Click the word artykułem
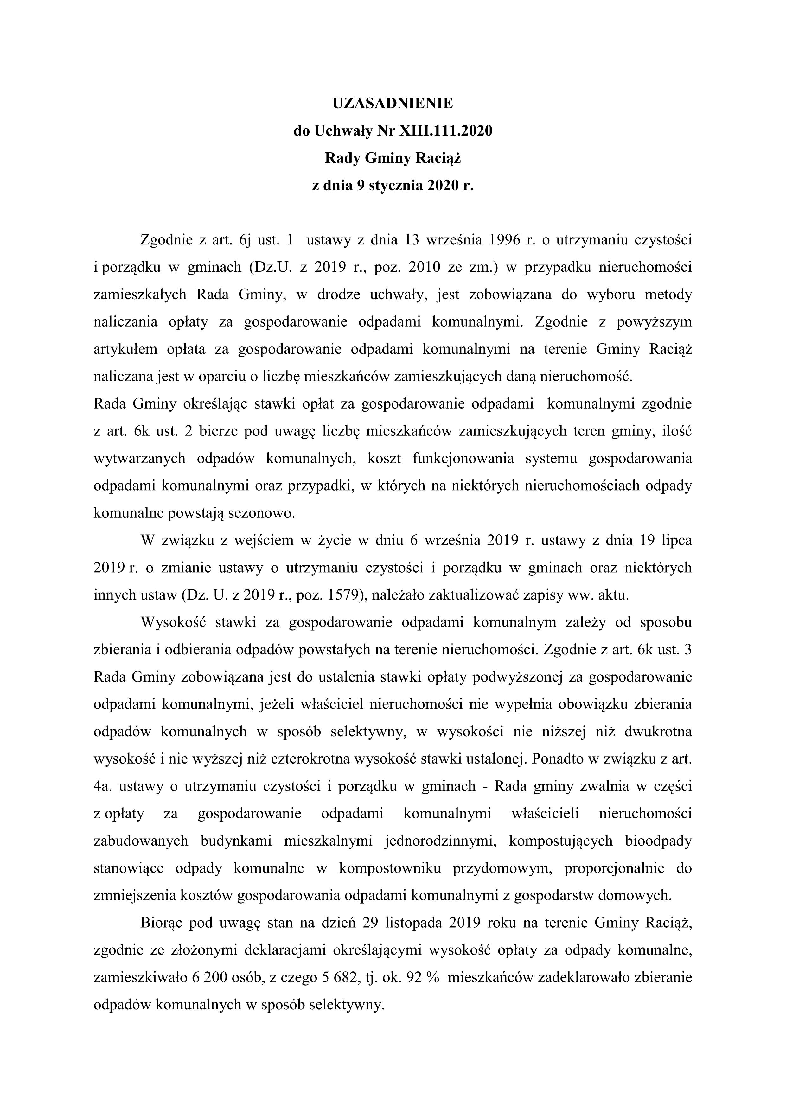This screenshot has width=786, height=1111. click(126, 349)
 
